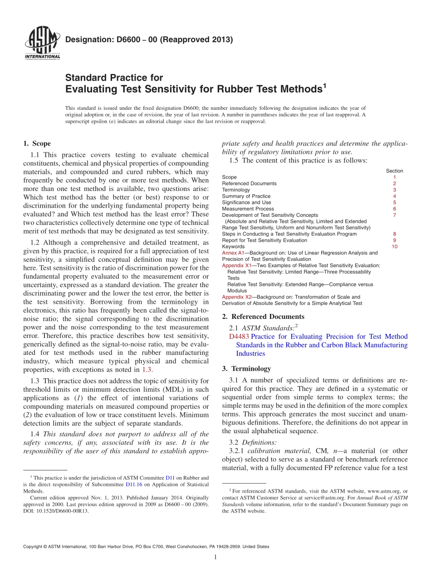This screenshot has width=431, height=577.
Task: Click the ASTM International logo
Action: [42, 44]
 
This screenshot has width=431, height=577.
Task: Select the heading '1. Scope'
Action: [37, 144]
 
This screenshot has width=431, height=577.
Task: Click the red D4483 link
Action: [239, 337]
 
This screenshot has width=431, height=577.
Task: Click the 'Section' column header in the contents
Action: [394, 171]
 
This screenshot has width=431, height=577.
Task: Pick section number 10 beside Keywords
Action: [394, 247]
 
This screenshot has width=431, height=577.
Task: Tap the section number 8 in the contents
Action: [394, 234]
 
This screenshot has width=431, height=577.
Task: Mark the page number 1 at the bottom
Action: [215, 557]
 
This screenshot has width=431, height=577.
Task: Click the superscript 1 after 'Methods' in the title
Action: [324, 85]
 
